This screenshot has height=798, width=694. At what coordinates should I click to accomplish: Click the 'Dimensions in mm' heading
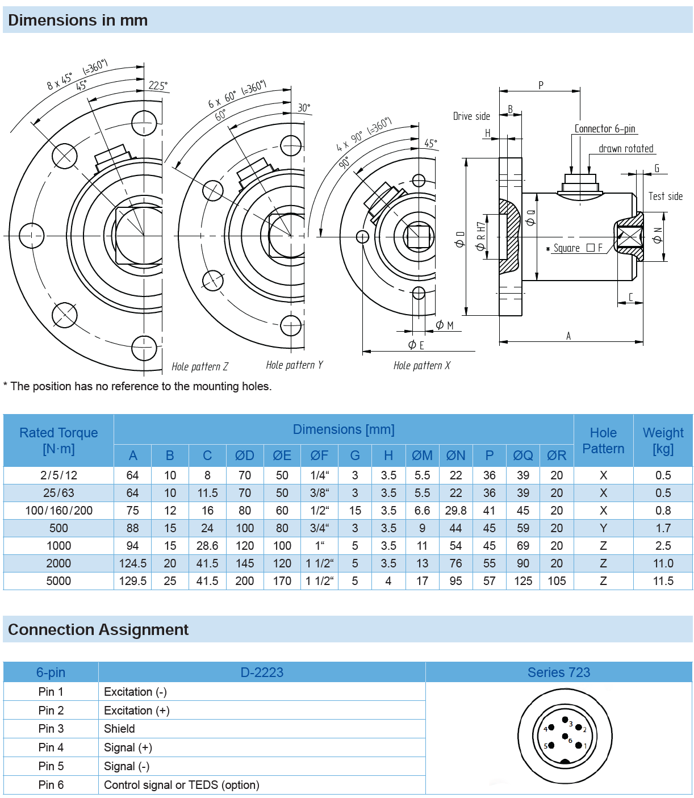click(x=78, y=20)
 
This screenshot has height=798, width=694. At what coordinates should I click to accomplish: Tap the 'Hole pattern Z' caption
click(x=200, y=367)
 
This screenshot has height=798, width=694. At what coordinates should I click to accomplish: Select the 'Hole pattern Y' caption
click(x=294, y=365)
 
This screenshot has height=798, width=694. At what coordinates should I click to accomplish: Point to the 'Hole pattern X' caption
click(x=422, y=366)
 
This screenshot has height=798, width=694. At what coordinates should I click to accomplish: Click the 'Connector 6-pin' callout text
click(x=605, y=129)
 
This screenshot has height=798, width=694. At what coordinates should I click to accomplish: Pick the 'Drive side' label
click(x=471, y=116)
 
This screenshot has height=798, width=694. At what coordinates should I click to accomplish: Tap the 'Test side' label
click(x=666, y=197)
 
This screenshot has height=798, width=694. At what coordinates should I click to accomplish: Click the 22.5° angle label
click(x=158, y=86)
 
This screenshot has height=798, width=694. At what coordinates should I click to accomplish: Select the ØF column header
click(x=319, y=456)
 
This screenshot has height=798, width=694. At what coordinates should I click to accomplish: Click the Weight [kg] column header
click(x=663, y=441)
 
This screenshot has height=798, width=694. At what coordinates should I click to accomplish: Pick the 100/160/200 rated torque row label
click(x=58, y=511)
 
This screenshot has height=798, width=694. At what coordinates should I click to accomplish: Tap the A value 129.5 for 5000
click(x=133, y=581)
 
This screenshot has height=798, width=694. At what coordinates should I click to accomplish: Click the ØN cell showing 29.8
click(x=455, y=511)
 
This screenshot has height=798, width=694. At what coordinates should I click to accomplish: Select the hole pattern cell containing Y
click(x=603, y=528)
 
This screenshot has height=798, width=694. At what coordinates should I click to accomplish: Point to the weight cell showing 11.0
click(x=663, y=563)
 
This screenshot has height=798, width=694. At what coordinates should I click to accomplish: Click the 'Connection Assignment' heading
click(x=98, y=630)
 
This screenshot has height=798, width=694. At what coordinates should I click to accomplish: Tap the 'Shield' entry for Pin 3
click(x=119, y=729)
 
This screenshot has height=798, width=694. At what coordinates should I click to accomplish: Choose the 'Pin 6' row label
click(x=51, y=785)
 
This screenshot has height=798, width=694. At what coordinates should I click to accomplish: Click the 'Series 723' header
click(x=559, y=672)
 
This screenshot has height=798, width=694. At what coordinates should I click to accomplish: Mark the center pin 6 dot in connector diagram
click(x=565, y=736)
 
